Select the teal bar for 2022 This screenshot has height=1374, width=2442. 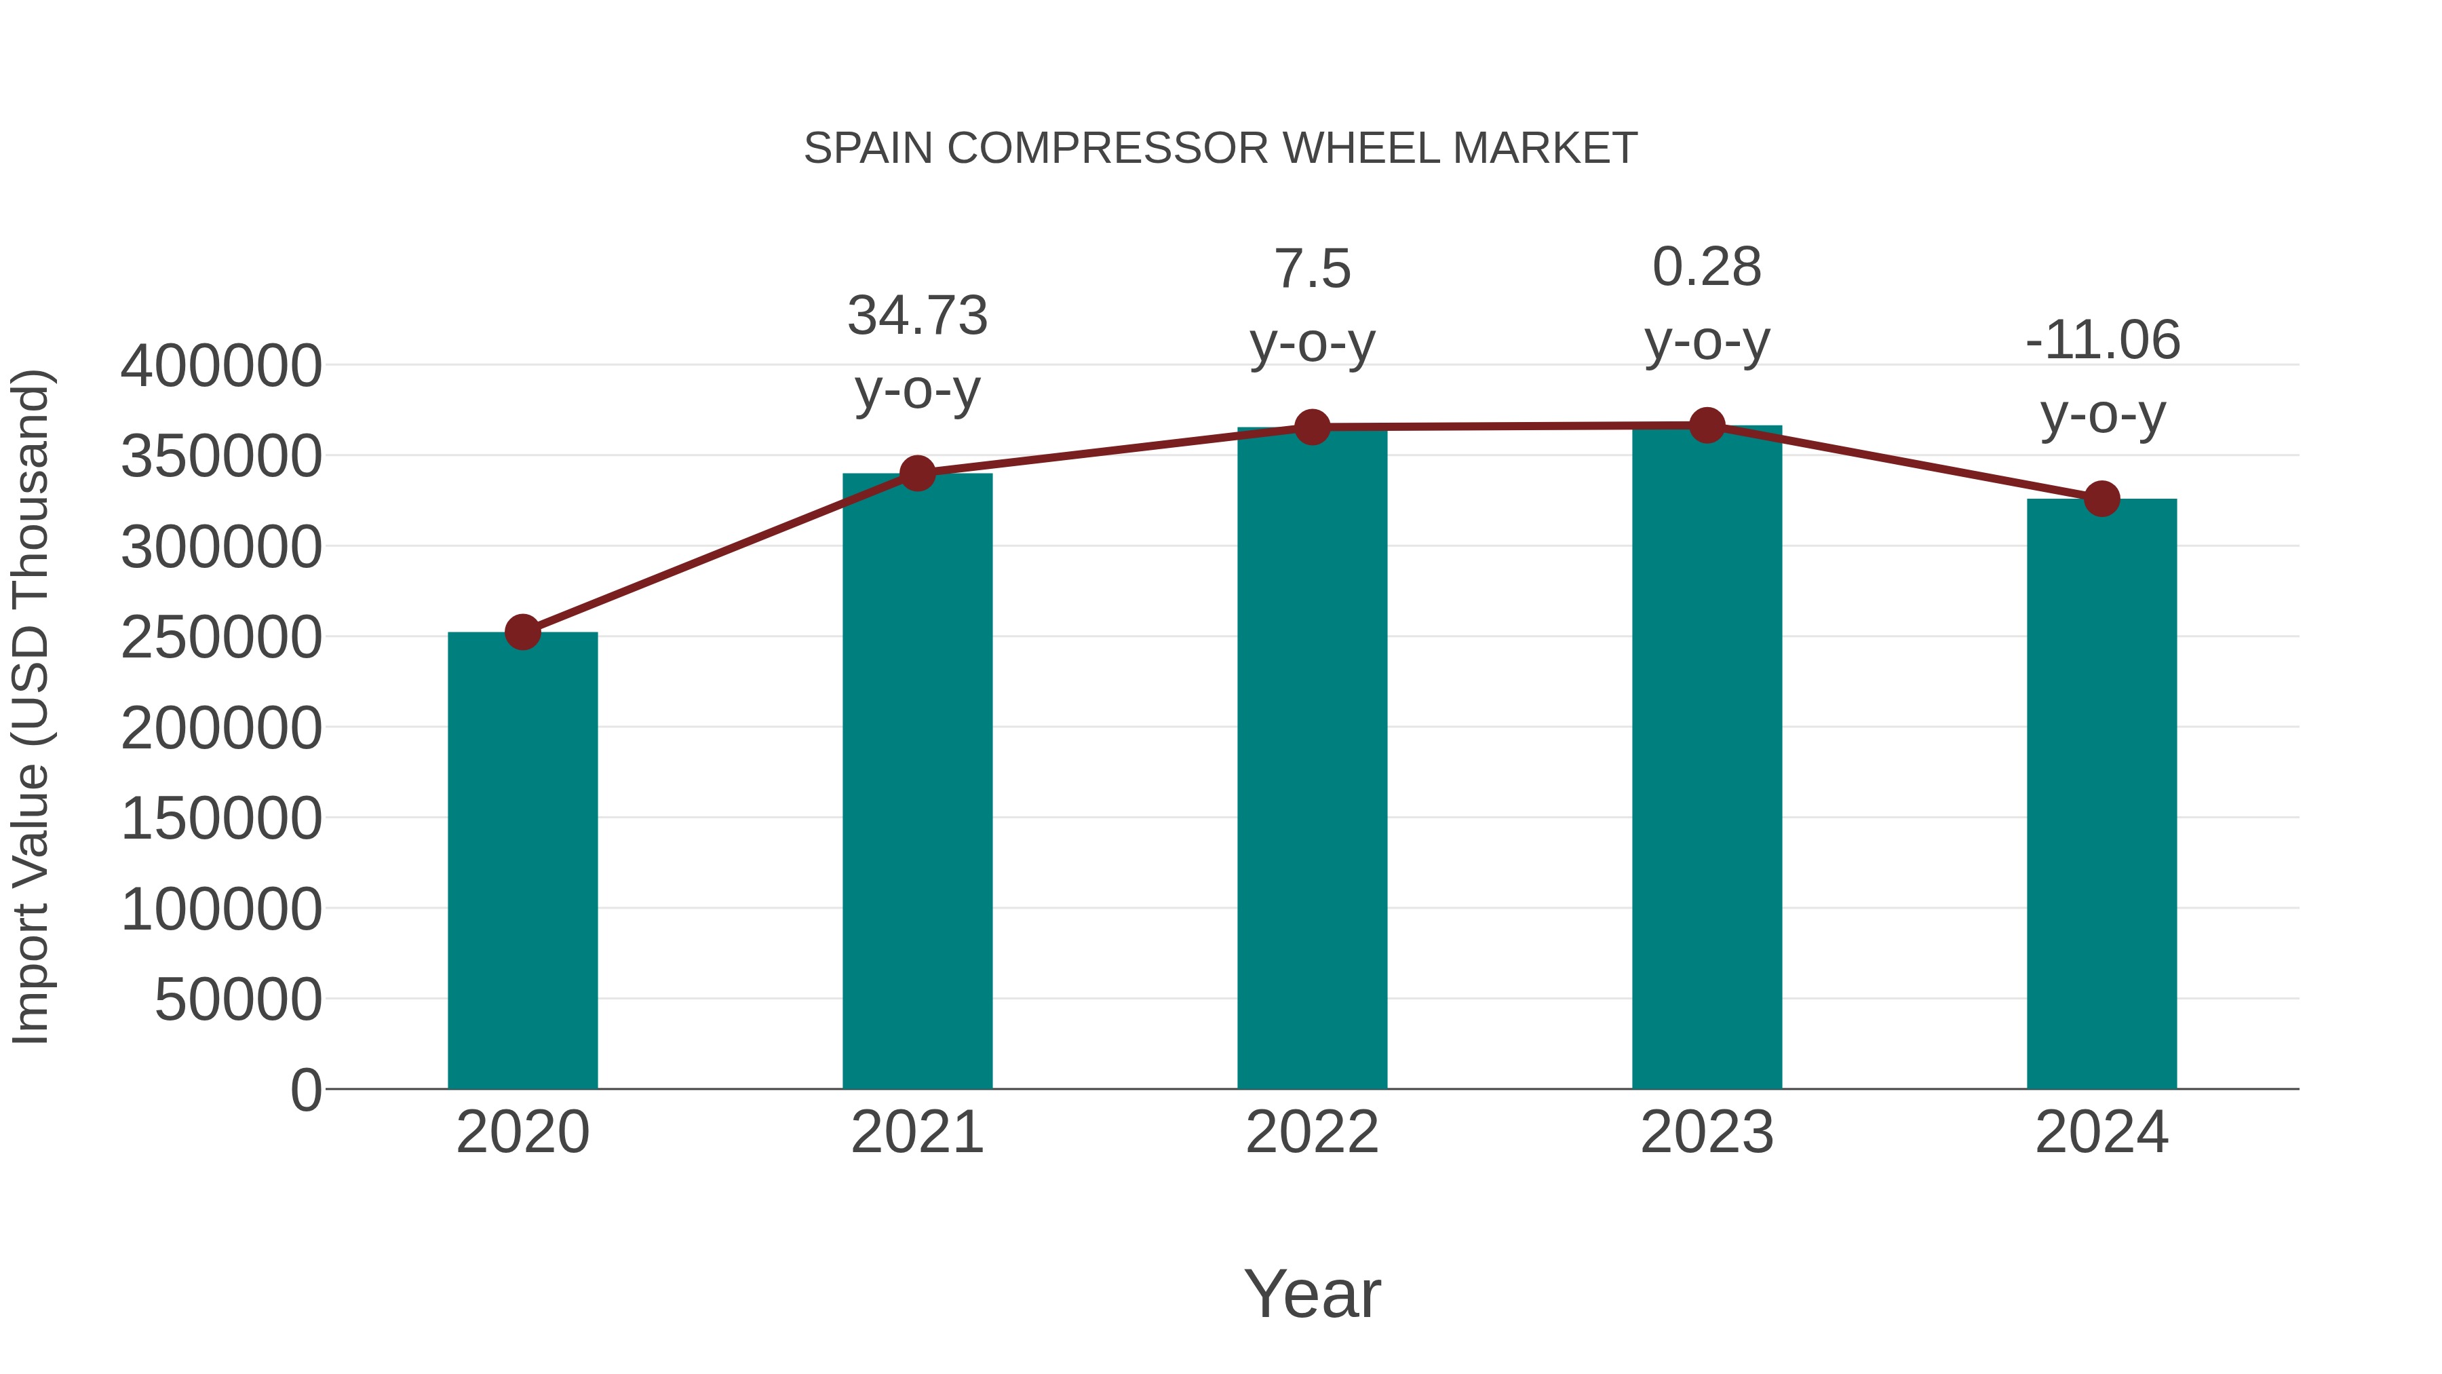click(1312, 759)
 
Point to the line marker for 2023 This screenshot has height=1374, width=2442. click(1707, 425)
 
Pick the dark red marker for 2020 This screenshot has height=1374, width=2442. click(522, 632)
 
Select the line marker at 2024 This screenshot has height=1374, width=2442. click(2101, 498)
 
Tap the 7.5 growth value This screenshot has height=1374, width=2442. click(1312, 269)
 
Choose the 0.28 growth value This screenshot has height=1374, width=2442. click(1707, 267)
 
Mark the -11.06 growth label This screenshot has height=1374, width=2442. click(2101, 341)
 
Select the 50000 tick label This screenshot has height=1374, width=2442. click(238, 999)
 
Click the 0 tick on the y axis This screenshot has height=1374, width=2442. click(305, 1090)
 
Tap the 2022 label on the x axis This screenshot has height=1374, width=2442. click(1312, 1132)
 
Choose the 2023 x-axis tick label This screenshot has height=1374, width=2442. click(1707, 1132)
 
